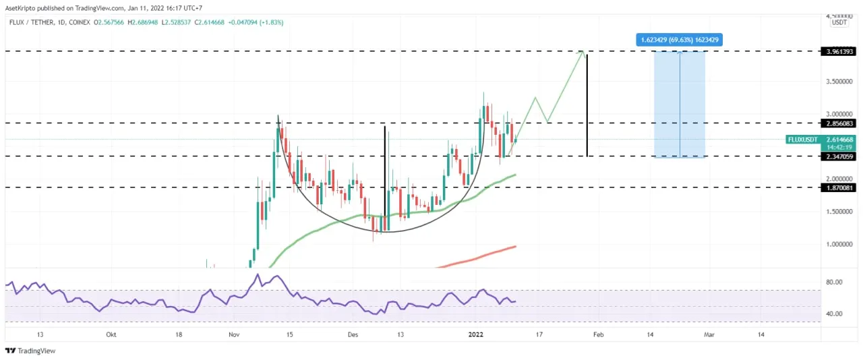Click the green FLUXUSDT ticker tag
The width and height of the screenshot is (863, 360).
click(802, 140)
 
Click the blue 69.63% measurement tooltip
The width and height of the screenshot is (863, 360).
click(680, 40)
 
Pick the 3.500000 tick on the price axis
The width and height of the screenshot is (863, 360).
click(839, 82)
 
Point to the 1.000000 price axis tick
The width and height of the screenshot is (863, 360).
click(839, 244)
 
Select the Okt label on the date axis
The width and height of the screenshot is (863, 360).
click(110, 334)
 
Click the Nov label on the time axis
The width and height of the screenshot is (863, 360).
click(233, 334)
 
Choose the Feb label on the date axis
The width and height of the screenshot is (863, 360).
click(598, 334)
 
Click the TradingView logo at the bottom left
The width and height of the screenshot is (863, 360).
click(30, 351)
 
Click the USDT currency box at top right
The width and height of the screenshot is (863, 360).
click(839, 22)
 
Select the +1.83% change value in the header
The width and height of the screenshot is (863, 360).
click(273, 22)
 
